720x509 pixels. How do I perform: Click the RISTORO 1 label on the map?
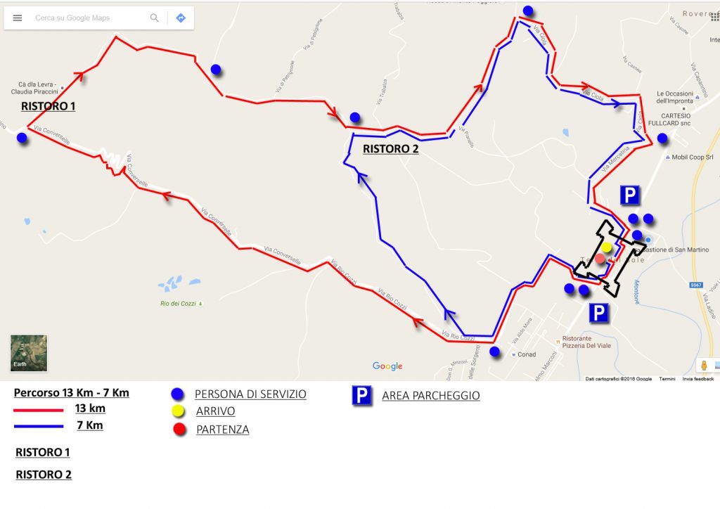pos(48,107)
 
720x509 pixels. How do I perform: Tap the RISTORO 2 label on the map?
pos(391,149)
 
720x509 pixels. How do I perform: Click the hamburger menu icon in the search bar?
pos(18,18)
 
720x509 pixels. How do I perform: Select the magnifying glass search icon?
pos(155,18)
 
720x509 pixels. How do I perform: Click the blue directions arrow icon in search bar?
pos(181,18)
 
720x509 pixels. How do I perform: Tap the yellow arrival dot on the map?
pos(606,247)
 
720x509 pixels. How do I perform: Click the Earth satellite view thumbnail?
pos(28,352)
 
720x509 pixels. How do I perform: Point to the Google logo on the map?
pos(387,366)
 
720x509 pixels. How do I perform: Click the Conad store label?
pos(527,354)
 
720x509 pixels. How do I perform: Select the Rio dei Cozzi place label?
pos(179,304)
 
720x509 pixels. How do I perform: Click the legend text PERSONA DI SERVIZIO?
pos(250,394)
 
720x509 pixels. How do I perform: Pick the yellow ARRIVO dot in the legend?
pos(179,411)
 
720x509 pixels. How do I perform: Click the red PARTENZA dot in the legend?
pos(179,429)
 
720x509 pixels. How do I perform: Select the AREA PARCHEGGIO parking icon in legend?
pos(361,396)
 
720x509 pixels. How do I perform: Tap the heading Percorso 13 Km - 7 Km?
pos(71,392)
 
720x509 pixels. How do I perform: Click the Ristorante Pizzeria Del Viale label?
pos(581,343)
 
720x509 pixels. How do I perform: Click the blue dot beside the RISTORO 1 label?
pos(22,138)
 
